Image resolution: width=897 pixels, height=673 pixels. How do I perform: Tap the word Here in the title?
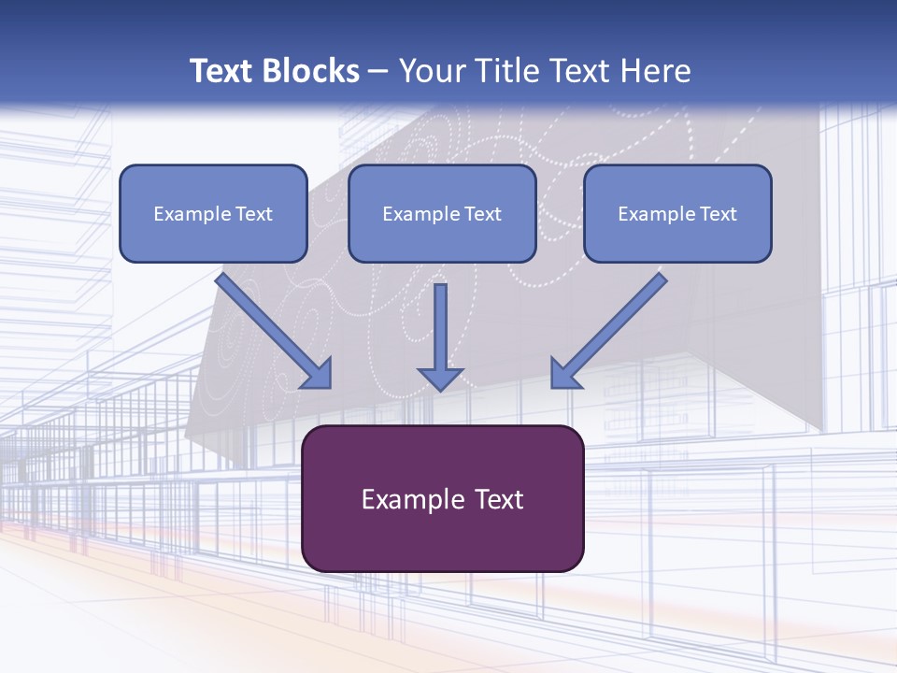[x=655, y=71]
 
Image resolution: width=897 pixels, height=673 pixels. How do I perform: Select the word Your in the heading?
[x=431, y=71]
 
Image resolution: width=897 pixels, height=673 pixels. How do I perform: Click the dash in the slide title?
[x=378, y=72]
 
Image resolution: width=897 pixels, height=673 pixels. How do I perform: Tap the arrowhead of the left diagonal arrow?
[x=318, y=374]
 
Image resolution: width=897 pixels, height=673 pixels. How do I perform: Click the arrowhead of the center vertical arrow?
[x=441, y=378]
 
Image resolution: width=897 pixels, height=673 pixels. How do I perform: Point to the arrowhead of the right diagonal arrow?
[x=564, y=374]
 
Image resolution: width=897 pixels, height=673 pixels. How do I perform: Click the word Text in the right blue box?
[x=719, y=214]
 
